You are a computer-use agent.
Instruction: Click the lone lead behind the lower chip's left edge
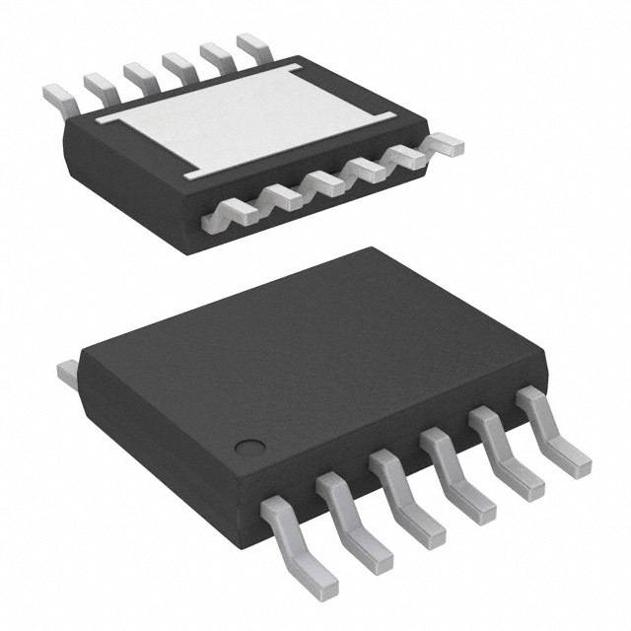(x=67, y=372)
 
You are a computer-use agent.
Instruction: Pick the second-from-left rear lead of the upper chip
(x=97, y=85)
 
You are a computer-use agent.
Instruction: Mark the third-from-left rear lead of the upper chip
(x=137, y=74)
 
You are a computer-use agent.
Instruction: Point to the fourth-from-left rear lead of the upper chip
(x=177, y=63)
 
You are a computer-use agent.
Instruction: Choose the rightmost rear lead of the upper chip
(x=252, y=44)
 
